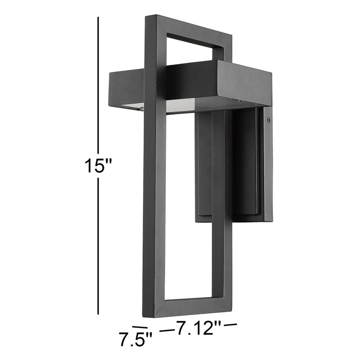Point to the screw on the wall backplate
269,120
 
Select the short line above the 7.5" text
140,327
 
